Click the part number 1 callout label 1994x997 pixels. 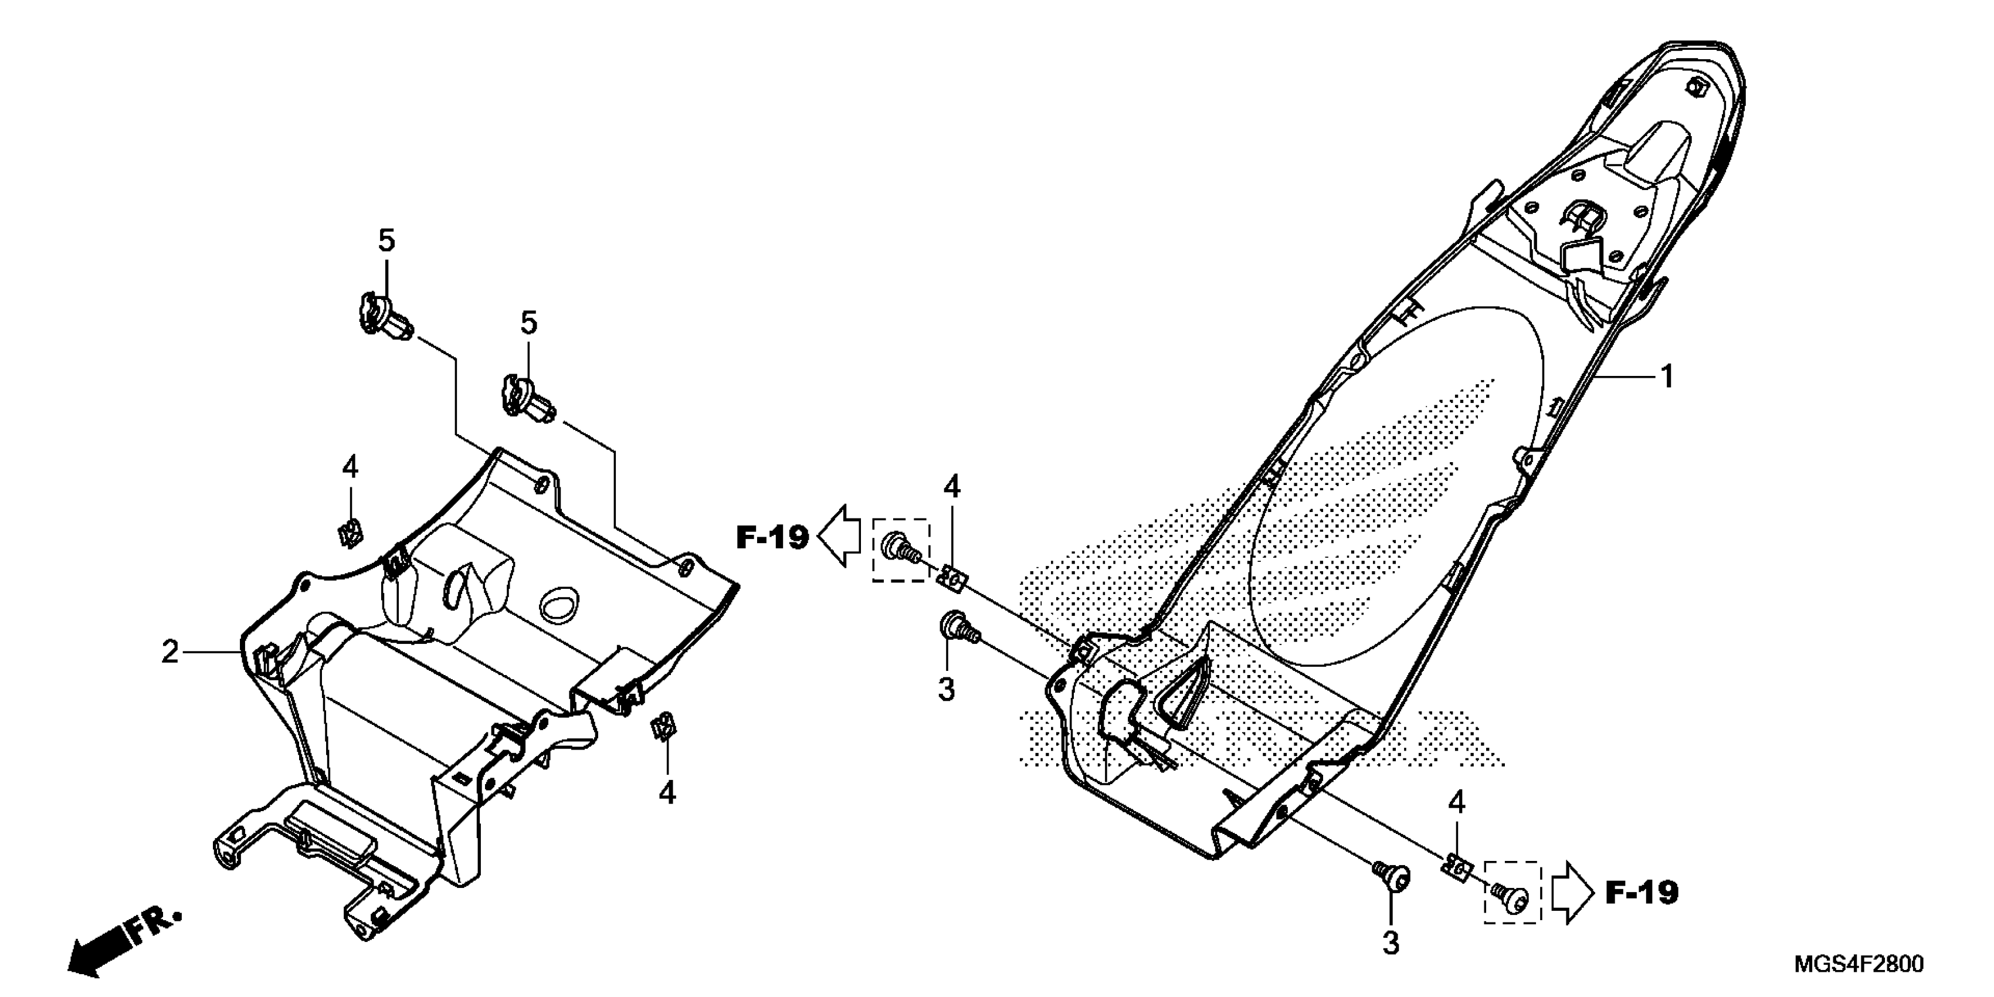(x=1667, y=377)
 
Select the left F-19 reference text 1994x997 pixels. (x=772, y=537)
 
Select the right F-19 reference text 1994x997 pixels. (x=1642, y=893)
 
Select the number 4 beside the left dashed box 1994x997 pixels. (x=951, y=487)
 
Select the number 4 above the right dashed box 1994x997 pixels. (x=1457, y=803)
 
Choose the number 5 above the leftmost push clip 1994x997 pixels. (x=386, y=240)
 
